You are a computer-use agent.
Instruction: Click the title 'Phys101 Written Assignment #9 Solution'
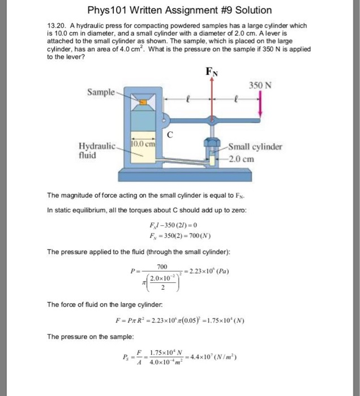[179, 10]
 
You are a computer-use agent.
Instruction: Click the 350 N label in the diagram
[260, 85]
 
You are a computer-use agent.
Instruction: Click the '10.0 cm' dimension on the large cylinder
[144, 144]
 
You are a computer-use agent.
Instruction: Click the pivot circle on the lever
[165, 119]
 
